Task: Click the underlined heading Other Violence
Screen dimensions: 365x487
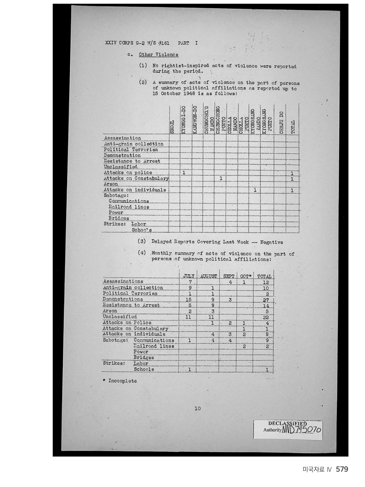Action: click(x=159, y=54)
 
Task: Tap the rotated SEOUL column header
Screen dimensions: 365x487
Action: click(x=172, y=127)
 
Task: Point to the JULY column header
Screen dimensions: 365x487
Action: click(x=189, y=276)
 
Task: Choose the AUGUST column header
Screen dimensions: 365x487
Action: click(x=209, y=276)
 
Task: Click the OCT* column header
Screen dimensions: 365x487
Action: click(x=245, y=276)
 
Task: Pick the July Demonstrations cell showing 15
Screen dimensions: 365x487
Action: click(x=189, y=300)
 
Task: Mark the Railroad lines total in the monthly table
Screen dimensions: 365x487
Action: click(x=267, y=347)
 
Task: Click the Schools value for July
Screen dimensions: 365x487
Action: click(x=190, y=370)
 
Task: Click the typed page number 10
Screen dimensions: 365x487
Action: click(x=197, y=408)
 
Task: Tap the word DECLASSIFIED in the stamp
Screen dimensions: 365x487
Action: click(x=287, y=423)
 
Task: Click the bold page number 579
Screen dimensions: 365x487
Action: click(x=342, y=469)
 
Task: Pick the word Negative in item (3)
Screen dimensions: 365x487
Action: click(x=271, y=242)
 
